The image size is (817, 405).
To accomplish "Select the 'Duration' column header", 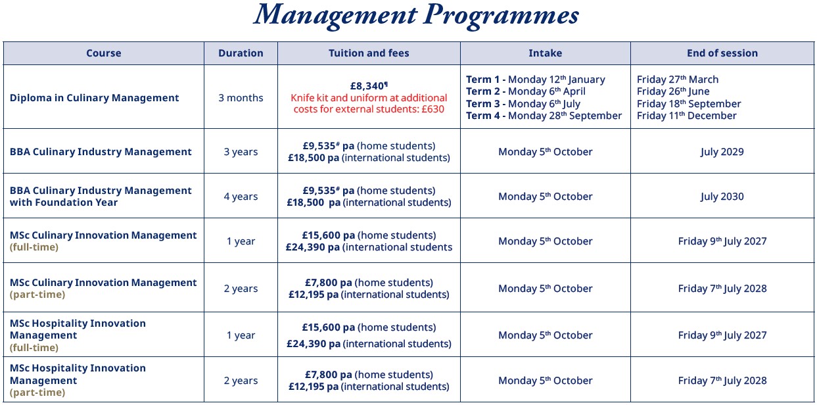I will (x=241, y=53).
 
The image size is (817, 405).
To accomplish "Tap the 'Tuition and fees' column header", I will (x=369, y=53).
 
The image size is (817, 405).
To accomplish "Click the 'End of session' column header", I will (x=722, y=53).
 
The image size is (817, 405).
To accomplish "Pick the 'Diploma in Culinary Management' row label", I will (x=94, y=98).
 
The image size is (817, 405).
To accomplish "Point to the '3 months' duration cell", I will (x=241, y=98).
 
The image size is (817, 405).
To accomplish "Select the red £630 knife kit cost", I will (x=431, y=109).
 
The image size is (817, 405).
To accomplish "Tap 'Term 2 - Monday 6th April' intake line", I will (x=526, y=91).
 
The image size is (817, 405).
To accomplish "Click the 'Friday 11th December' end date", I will (x=686, y=116).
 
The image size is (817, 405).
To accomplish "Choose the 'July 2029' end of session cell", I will (x=722, y=152).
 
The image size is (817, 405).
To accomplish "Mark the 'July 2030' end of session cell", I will (x=722, y=197).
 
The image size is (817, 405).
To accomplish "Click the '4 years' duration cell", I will (x=241, y=197).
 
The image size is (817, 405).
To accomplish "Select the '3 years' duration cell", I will (x=241, y=152).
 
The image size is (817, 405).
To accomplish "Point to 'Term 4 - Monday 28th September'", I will (x=544, y=116).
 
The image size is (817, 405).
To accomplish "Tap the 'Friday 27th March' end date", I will (x=678, y=80).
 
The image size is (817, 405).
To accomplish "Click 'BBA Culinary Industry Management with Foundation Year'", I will (x=101, y=197).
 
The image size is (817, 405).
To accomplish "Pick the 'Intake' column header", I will (x=545, y=53).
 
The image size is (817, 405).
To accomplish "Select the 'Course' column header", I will (x=103, y=53).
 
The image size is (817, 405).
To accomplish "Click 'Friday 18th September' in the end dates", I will (x=689, y=104).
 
